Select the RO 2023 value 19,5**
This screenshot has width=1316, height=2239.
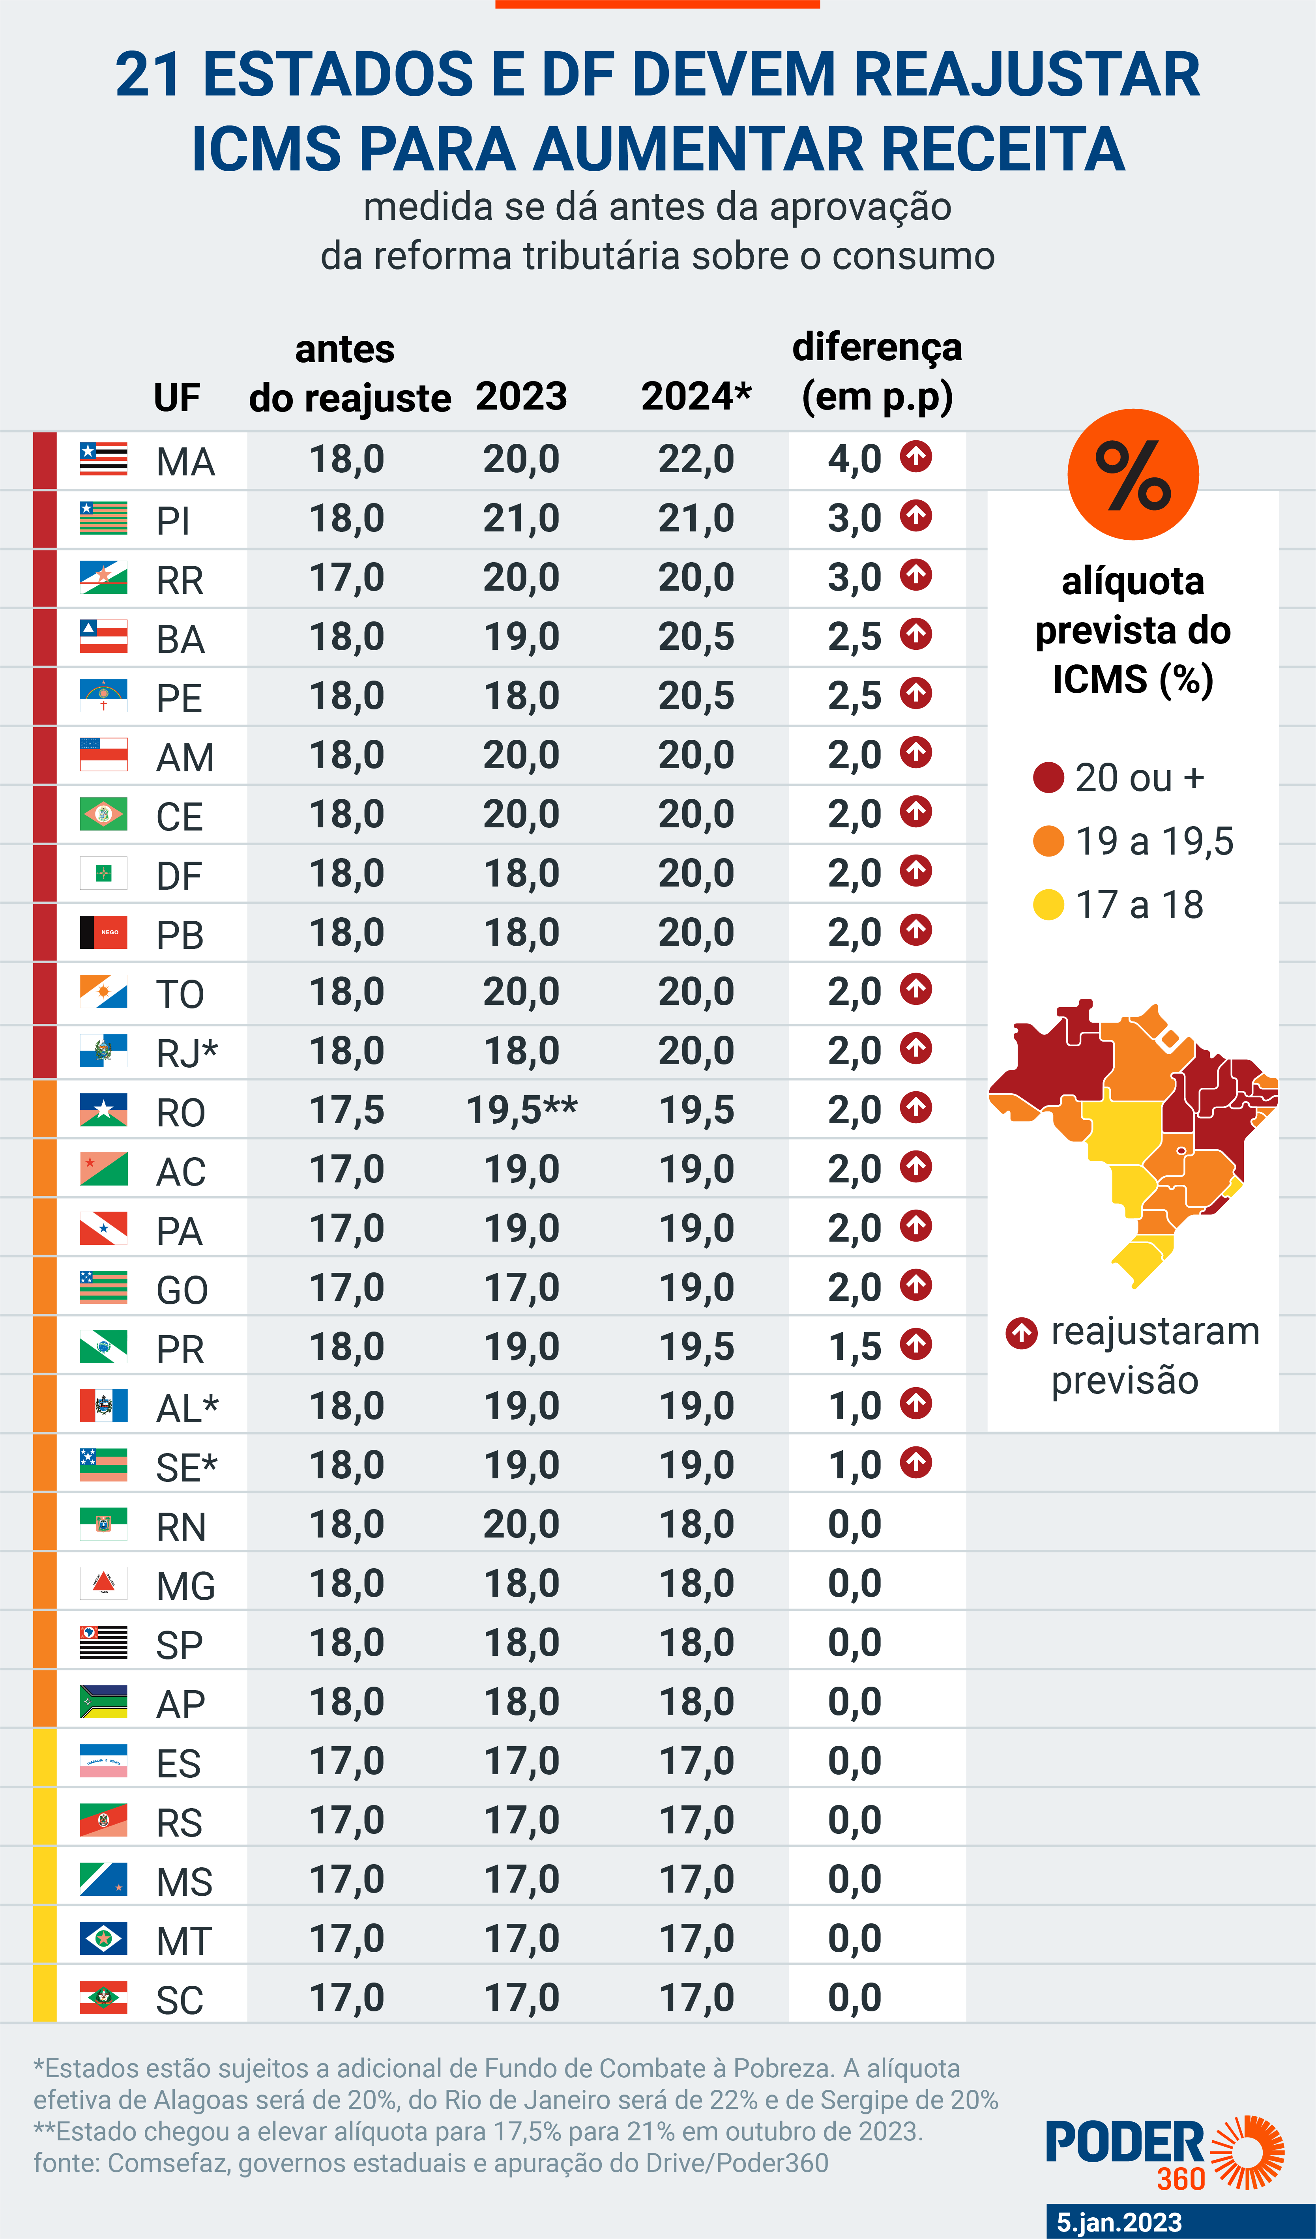522,1111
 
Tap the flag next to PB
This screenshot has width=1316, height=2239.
103,932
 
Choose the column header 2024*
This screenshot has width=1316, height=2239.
696,396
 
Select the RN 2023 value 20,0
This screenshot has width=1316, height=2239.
522,1524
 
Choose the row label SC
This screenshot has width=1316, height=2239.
180,2000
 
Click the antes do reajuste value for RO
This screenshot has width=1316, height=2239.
346,1111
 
